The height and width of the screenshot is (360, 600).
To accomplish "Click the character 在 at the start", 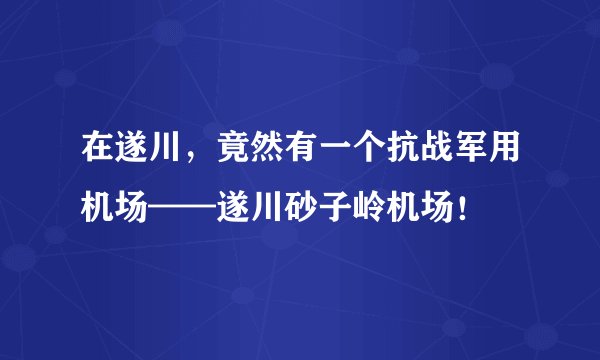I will pos(98,150).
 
